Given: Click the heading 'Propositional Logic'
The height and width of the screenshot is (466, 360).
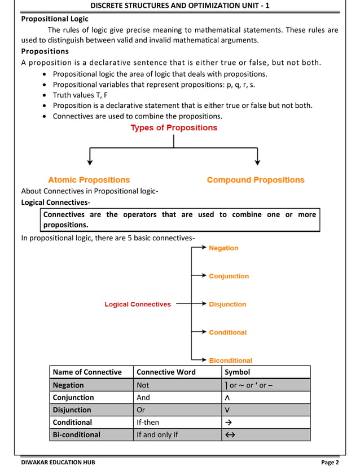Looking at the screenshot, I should pos(55,19).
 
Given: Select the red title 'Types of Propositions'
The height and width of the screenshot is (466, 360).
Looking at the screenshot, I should pos(174,128).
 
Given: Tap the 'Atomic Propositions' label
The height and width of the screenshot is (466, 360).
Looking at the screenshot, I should pos(89,180).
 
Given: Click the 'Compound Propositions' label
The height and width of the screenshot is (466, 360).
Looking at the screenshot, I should pos(255,180).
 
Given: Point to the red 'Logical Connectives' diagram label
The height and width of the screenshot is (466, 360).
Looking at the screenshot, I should pos(138,304).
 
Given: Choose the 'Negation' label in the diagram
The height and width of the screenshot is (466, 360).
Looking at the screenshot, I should pos(223,248).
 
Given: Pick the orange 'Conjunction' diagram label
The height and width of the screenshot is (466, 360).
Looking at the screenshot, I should pos(229,276).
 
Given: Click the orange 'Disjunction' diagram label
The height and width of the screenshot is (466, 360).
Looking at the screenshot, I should pos(227,304).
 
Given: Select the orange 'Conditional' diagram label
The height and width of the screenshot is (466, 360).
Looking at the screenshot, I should pos(227,332).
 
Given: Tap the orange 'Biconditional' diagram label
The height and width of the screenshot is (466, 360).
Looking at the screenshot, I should pos(230,361).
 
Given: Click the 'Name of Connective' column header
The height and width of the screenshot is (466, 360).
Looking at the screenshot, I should pos(87,372).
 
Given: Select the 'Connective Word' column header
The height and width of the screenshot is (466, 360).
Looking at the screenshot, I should pos(166,372).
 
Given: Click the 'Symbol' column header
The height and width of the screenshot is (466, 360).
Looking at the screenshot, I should pos(237,372).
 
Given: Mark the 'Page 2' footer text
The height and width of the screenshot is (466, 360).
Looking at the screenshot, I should pos(330,462).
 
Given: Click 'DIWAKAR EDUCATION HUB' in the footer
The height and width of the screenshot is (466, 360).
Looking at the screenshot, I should pos(58,462).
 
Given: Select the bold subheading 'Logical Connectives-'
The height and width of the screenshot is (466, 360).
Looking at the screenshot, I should pos(55,202).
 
